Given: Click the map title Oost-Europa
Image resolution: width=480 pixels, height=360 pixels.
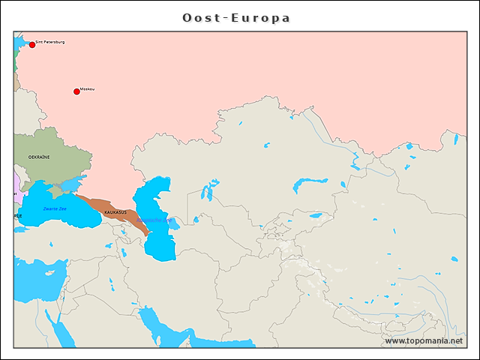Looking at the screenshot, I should click(x=236, y=17).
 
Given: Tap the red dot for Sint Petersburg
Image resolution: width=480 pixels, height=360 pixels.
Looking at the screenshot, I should click(x=32, y=45).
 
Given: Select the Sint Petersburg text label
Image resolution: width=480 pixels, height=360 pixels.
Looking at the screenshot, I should click(x=50, y=42).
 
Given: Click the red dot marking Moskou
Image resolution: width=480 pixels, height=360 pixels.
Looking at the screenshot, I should click(x=76, y=91).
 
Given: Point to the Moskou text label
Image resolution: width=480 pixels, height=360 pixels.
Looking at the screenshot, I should click(x=87, y=89).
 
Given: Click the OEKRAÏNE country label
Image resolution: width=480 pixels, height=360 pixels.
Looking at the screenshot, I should click(x=39, y=157).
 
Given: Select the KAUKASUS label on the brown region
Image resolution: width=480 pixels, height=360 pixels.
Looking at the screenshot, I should click(x=115, y=213).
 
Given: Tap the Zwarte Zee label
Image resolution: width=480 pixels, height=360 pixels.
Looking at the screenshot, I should click(x=55, y=208).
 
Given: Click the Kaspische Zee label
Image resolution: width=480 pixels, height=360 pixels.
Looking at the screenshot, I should click(x=154, y=219).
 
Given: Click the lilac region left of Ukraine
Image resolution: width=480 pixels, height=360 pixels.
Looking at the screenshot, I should click(x=16, y=182).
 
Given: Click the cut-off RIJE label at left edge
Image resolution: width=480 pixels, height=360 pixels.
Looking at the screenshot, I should click(x=17, y=214).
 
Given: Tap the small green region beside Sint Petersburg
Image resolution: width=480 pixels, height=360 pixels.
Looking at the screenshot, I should click(x=16, y=63).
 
